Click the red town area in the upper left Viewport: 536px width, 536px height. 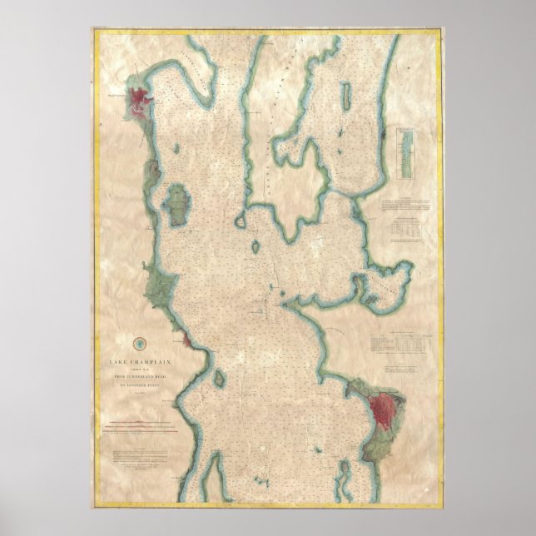pyautogui.click(x=138, y=101)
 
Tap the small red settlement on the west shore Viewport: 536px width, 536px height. pyautogui.click(x=189, y=341)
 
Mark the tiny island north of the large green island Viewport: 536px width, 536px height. pyautogui.click(x=180, y=151)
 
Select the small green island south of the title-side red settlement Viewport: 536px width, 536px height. pyautogui.click(x=220, y=378)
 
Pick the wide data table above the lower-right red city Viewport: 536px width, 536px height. pyautogui.click(x=402, y=340)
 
